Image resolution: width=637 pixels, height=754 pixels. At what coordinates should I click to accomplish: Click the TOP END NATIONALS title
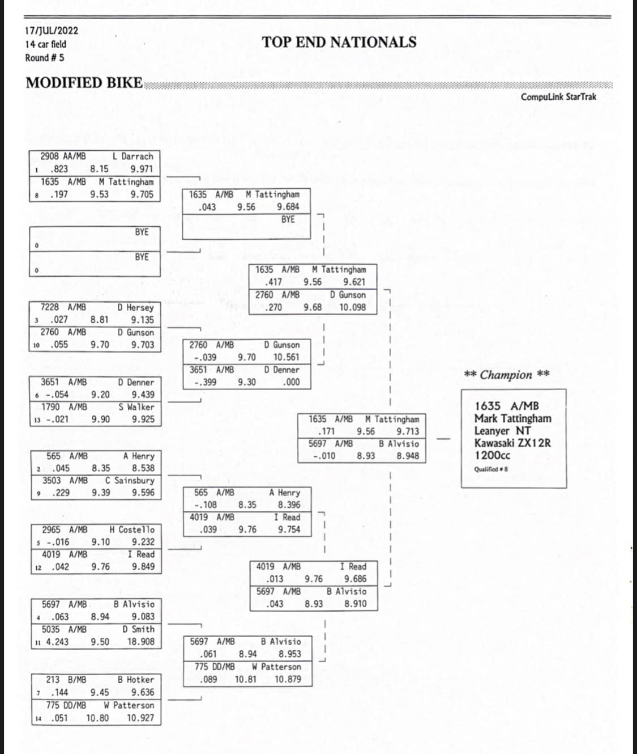[339, 43]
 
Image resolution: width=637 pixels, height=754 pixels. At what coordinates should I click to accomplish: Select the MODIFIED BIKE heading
[84, 83]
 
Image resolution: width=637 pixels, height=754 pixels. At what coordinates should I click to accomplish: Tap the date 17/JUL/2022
[52, 30]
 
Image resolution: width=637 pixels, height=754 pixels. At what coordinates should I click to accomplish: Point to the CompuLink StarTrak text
[558, 97]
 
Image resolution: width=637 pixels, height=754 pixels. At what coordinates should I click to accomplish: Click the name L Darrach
[132, 156]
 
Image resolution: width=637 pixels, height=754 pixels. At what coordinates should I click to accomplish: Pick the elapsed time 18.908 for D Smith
[140, 641]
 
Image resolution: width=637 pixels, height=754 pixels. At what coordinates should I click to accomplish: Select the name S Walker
[136, 407]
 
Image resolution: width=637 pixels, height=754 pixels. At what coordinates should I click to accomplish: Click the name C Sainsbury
[130, 480]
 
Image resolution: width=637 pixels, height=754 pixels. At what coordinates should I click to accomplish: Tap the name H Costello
[132, 530]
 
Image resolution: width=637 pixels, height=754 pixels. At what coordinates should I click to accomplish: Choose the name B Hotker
[136, 680]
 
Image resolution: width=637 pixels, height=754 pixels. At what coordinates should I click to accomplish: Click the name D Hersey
[135, 308]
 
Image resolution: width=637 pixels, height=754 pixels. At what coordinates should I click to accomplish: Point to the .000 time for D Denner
[291, 382]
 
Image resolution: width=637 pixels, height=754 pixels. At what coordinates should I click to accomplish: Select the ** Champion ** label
[507, 375]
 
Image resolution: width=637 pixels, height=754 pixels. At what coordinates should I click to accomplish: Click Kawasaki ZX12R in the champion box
[512, 443]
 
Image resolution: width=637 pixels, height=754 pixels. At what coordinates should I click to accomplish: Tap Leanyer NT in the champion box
[502, 431]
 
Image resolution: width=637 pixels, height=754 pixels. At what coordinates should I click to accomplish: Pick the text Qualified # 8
[491, 469]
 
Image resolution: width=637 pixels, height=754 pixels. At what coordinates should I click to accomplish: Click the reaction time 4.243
[57, 641]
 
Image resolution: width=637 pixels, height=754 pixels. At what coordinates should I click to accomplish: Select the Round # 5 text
[45, 58]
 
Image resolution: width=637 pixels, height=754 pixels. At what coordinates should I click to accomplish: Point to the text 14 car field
[45, 44]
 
